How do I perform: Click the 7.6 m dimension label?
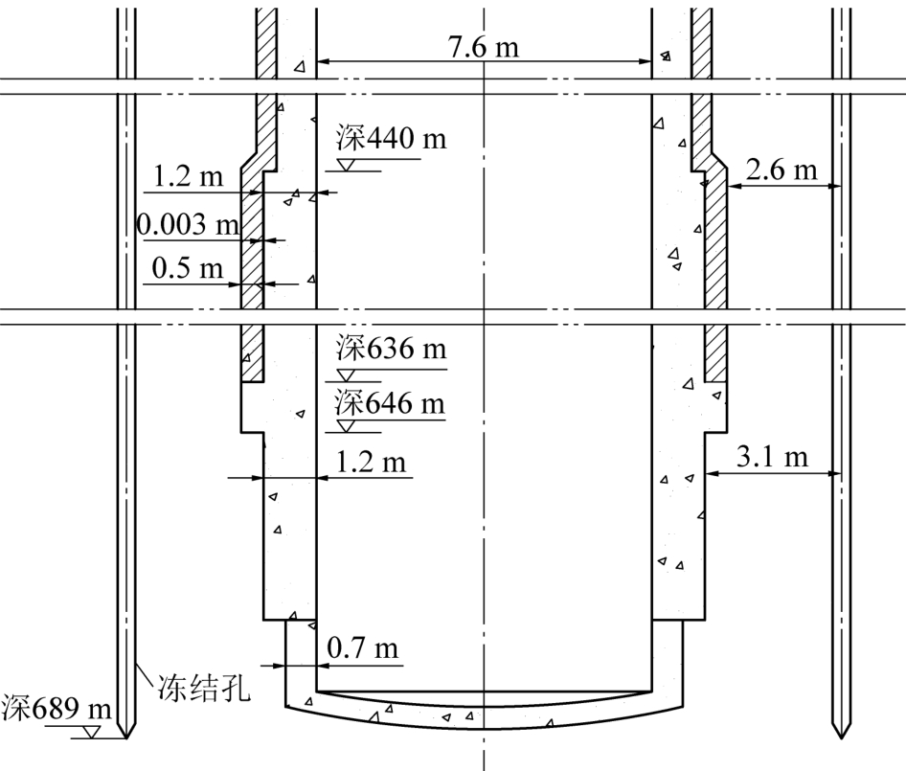(x=483, y=46)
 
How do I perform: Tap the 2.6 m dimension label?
(x=781, y=170)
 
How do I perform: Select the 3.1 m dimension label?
(x=772, y=457)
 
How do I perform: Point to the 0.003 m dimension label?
(x=189, y=224)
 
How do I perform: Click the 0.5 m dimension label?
(x=187, y=268)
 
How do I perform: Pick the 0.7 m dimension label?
(x=362, y=647)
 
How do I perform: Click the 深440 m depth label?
(x=391, y=139)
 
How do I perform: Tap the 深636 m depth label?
(x=391, y=349)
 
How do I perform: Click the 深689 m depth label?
(x=57, y=708)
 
